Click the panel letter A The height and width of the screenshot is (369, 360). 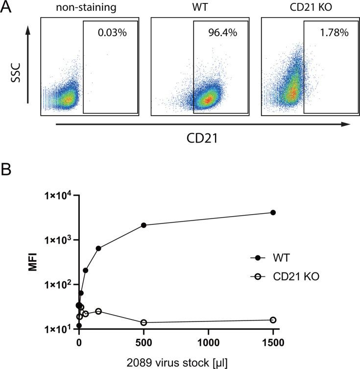tap(8, 9)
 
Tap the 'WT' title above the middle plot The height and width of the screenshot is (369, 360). tap(200, 8)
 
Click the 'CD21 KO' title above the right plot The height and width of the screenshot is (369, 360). tap(311, 8)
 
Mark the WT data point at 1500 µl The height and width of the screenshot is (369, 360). tap(273, 212)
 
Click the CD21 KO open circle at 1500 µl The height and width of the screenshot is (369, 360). tap(273, 320)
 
